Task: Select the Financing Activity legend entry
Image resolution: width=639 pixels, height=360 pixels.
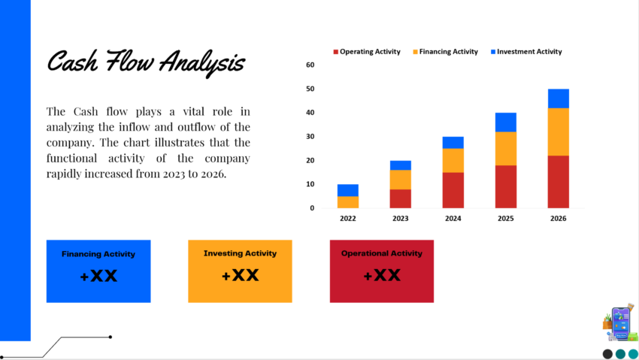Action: click(x=448, y=52)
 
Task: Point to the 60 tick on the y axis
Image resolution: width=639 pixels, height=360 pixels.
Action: click(x=310, y=65)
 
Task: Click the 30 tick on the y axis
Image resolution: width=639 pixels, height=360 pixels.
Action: click(x=310, y=137)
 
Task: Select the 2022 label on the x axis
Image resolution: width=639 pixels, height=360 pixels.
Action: click(x=348, y=218)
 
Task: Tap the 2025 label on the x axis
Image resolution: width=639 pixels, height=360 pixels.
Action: click(x=505, y=218)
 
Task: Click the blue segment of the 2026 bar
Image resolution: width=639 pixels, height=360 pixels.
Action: click(x=558, y=98)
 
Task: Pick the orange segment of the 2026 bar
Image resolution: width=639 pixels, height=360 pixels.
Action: click(x=558, y=132)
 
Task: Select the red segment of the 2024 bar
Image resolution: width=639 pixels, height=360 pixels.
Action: click(x=453, y=190)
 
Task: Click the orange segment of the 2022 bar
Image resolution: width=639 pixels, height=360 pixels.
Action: click(x=348, y=202)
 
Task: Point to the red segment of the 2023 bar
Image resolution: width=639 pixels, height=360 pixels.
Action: click(x=400, y=198)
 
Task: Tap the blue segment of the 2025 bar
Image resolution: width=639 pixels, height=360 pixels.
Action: click(x=505, y=122)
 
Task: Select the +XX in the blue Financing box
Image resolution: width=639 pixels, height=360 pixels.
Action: click(x=98, y=276)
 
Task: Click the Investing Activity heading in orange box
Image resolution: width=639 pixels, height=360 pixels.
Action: click(x=240, y=253)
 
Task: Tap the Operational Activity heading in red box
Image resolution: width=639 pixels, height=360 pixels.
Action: click(x=381, y=253)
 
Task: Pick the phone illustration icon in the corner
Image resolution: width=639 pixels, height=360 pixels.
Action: click(x=620, y=324)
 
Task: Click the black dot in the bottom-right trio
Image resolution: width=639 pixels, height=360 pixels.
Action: click(x=607, y=354)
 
